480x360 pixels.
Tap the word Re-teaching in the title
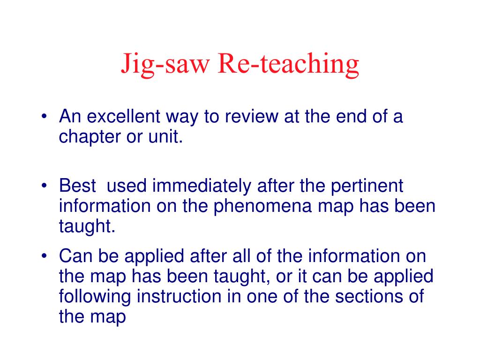point(288,64)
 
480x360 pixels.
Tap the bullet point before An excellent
point(45,116)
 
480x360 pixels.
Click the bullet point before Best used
point(45,186)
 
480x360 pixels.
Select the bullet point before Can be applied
point(45,255)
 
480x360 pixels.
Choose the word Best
point(77,186)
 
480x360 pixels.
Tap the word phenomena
point(262,206)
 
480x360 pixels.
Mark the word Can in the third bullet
point(75,255)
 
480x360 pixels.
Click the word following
point(95,297)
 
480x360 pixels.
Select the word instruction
point(179,296)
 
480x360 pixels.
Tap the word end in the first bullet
point(351,116)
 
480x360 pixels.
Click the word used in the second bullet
point(127,186)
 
